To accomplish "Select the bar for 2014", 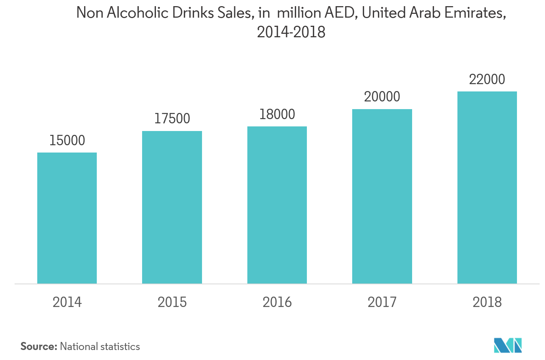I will [x=67, y=218].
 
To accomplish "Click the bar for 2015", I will [x=172, y=207].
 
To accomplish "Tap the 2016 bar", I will [x=277, y=205].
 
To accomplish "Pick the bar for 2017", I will [x=382, y=196].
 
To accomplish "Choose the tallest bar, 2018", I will [x=487, y=187].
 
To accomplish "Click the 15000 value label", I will [x=67, y=141].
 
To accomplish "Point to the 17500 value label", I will [x=172, y=119].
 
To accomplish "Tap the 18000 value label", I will [x=277, y=114].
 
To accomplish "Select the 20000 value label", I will [x=382, y=97].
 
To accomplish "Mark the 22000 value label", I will [x=487, y=80].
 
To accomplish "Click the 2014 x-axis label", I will [x=67, y=302].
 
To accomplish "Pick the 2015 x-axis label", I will [x=172, y=302].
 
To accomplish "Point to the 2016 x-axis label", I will [x=277, y=302].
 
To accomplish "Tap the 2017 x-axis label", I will [x=382, y=302].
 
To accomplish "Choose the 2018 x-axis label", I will [x=487, y=302].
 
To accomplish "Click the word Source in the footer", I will [x=38, y=347].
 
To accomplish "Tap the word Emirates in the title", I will [x=473, y=13].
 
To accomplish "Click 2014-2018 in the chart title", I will [x=291, y=32].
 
